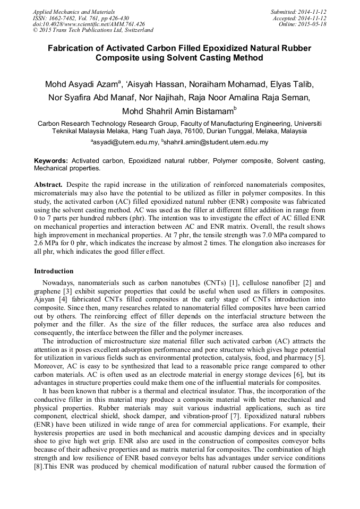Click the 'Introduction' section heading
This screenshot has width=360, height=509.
click(54, 271)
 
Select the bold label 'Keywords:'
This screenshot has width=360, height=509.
click(51, 160)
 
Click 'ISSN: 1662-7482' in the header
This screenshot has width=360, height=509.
click(55, 18)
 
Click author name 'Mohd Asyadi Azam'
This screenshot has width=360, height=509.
click(84, 85)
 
